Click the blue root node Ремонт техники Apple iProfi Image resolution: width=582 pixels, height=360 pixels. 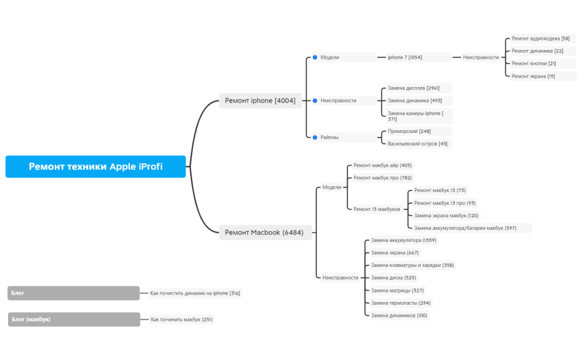pos(95,167)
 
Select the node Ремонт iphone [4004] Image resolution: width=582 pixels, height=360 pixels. pos(260,100)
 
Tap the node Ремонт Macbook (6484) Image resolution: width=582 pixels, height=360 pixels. pos(264,233)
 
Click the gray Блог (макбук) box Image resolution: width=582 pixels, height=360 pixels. pos(74,319)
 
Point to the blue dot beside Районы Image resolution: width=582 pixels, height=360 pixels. pos(315,138)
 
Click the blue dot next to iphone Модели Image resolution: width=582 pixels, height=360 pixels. pos(315,57)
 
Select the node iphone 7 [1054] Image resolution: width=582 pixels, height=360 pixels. pos(405,57)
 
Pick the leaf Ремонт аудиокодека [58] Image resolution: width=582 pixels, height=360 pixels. pos(541,38)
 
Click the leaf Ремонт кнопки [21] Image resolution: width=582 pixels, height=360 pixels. pos(533,63)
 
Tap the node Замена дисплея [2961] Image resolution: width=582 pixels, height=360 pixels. pos(413,88)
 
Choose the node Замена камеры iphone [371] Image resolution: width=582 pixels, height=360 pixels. pos(415,116)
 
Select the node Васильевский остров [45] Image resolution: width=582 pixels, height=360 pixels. pos(417,144)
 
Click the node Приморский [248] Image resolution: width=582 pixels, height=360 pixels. pos(409,131)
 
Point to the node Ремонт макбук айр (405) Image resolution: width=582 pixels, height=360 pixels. pos(382,165)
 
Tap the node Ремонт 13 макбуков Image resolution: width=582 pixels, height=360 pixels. pos(377,209)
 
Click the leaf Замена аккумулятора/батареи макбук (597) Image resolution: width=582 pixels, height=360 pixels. pos(465,228)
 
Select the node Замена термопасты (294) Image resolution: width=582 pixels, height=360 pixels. pos(401,303)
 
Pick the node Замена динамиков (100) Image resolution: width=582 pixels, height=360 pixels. pos(399,316)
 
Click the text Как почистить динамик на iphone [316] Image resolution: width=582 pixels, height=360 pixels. pos(195,293)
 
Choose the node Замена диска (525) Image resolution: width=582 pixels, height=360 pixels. pos(393,278)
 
